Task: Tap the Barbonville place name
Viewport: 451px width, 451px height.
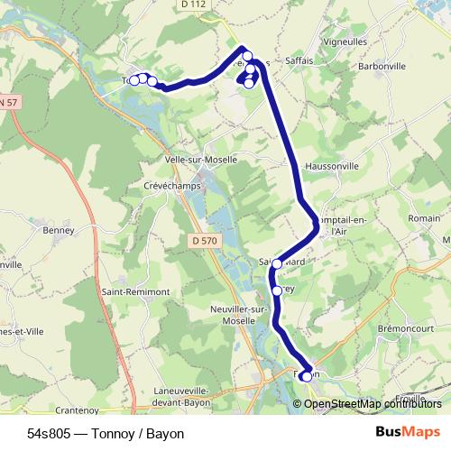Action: click(x=382, y=66)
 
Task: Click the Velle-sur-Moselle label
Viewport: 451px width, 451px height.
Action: click(x=201, y=159)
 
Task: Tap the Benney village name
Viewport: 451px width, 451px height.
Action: click(x=58, y=230)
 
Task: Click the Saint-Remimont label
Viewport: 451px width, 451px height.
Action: click(x=135, y=292)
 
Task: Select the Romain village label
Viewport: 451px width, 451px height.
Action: click(x=424, y=218)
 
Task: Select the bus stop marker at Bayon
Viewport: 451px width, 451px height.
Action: click(x=306, y=376)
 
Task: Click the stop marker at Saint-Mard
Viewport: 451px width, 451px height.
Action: click(x=277, y=263)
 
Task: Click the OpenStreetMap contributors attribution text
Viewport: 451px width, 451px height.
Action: click(x=373, y=404)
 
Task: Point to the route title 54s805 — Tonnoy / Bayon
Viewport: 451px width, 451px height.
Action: click(x=106, y=434)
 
